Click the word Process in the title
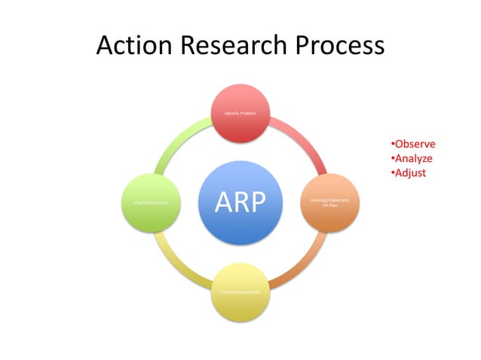pos(339,46)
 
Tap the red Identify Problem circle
pos(240,113)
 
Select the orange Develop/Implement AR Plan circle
pos(329,203)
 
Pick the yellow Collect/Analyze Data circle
pos(240,291)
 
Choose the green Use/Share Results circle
pos(151,203)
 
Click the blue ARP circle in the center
pos(240,203)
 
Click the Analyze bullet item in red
pos(412,159)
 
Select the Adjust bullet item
pos(409,173)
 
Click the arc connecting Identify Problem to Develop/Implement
pos(303,139)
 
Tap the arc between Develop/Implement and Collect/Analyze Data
pos(303,266)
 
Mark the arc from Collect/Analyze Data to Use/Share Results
pos(176,266)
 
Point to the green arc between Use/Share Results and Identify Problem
pos(176,139)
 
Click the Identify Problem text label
pos(240,113)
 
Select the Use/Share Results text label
pos(151,203)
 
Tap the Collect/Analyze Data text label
pos(240,291)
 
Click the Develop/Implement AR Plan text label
pos(329,203)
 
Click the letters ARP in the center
pos(240,203)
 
